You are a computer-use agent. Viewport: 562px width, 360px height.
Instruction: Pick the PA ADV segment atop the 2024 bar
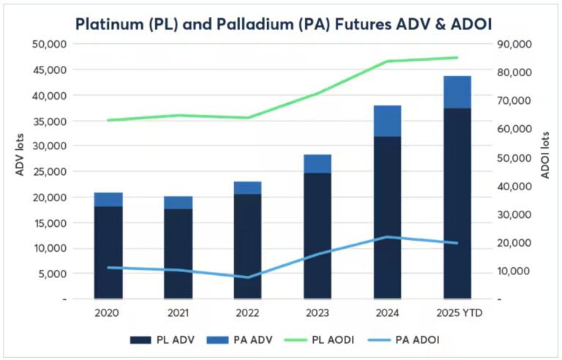(387, 121)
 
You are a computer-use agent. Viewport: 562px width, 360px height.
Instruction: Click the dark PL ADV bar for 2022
(248, 246)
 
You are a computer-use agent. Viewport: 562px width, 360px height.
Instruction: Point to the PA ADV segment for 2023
(318, 163)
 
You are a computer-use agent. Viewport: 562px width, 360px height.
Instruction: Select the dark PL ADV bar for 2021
(178, 253)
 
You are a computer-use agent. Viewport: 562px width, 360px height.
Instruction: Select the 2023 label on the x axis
(318, 313)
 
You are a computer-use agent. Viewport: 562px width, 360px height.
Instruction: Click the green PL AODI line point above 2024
(388, 61)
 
